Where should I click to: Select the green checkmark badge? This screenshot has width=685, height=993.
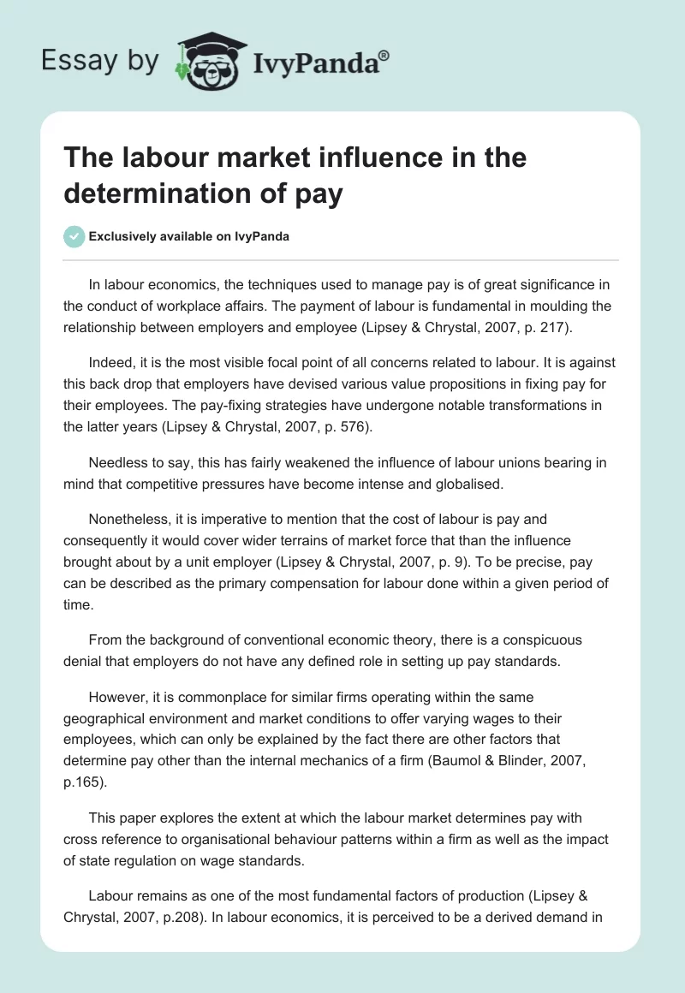click(74, 237)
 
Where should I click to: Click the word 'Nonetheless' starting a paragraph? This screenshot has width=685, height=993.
click(128, 519)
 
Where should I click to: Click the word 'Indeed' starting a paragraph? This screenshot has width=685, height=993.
click(108, 363)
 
